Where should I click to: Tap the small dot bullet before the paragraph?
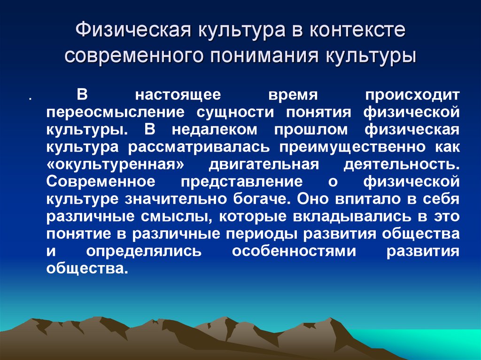point(30,100)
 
